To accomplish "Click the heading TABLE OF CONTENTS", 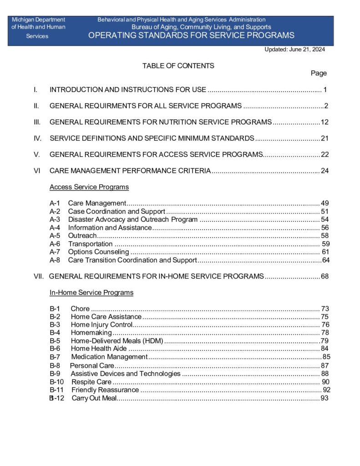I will pyautogui.click(x=178, y=66).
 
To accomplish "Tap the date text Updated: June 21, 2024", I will pyautogui.click(x=294, y=50).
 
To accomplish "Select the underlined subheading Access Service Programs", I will pyautogui.click(x=89, y=187).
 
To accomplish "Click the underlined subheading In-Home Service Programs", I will pyautogui.click(x=91, y=293).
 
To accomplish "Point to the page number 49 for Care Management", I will pyautogui.click(x=325, y=203).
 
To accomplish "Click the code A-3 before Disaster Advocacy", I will pyautogui.click(x=55, y=219).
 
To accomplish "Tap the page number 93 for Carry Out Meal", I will pyautogui.click(x=325, y=399).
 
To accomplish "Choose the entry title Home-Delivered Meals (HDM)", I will pyautogui.click(x=117, y=340).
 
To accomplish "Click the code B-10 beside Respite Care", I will pyautogui.click(x=57, y=382).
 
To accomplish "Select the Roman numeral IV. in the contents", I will pyautogui.click(x=38, y=138).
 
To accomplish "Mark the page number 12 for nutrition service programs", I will pyautogui.click(x=325, y=122).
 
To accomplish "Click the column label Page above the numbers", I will pyautogui.click(x=319, y=73).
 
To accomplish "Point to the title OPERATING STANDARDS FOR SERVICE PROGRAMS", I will pyautogui.click(x=191, y=35).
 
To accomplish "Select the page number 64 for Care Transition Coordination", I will pyautogui.click(x=325, y=260).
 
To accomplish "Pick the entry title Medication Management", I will pyautogui.click(x=109, y=357).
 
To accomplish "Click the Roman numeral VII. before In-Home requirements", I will pyautogui.click(x=39, y=276).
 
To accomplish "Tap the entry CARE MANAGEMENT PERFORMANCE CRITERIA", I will pyautogui.click(x=130, y=171).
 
